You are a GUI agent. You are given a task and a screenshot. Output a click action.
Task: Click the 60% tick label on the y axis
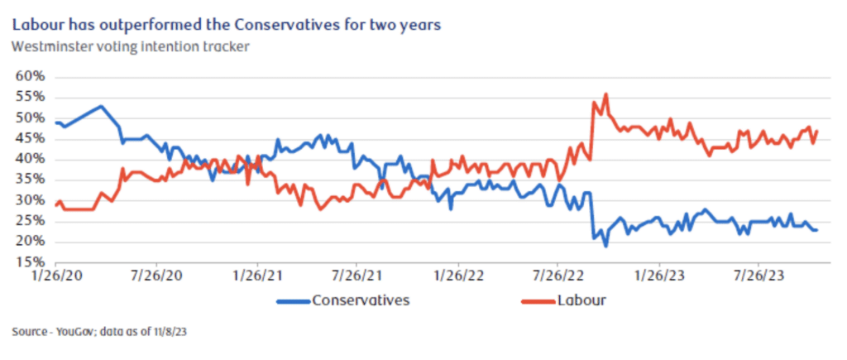tap(30, 77)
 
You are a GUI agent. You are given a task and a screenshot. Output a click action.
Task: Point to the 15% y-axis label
tap(30, 262)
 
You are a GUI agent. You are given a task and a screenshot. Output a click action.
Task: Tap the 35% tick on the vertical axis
tap(30, 180)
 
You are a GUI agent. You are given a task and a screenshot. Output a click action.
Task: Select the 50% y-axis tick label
tap(30, 118)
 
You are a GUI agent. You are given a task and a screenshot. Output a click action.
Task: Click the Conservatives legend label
tap(361, 300)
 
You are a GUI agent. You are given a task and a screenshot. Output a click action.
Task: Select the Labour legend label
tap(582, 300)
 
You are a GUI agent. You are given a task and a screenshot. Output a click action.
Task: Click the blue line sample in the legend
tap(294, 300)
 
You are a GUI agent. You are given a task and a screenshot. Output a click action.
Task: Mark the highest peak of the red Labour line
tap(605, 94)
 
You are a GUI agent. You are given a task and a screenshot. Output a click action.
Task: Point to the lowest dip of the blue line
tap(605, 246)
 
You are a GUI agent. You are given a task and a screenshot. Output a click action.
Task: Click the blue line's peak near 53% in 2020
tap(100, 106)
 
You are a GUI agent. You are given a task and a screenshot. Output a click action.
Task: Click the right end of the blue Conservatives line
tap(817, 230)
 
